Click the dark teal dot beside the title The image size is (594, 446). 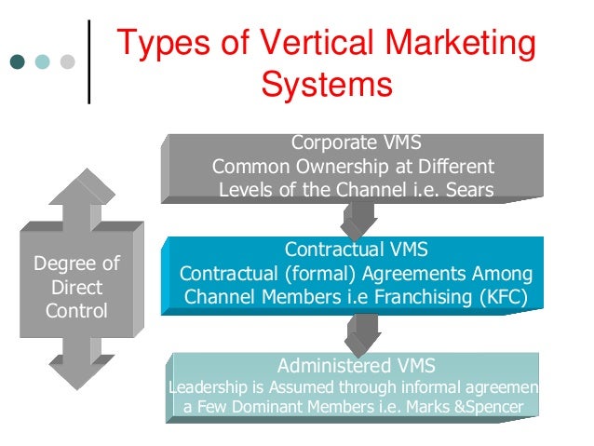coord(19,62)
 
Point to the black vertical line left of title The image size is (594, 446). coord(89,60)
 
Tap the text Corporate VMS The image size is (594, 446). coord(356,143)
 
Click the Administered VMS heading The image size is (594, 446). coord(356,364)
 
